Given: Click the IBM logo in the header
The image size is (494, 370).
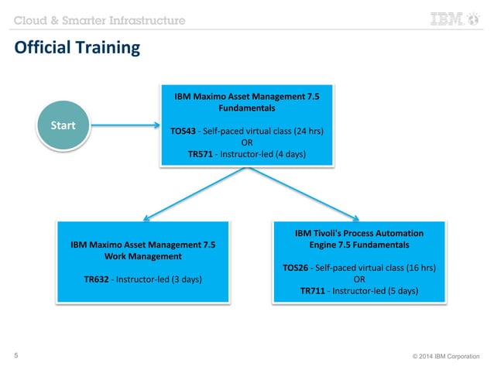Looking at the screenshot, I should (x=455, y=20).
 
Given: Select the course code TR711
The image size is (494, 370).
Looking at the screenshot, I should (x=315, y=291).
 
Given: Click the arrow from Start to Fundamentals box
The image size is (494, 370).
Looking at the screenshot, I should (x=124, y=125).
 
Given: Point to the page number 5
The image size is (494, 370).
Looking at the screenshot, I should (x=17, y=356).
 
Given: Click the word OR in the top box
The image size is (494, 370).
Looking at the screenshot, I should (x=247, y=142).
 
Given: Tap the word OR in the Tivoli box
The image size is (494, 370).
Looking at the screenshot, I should (x=359, y=279).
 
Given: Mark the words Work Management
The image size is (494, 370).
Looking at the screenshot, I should (x=143, y=255).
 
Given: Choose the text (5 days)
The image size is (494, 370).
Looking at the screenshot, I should (x=402, y=291).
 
